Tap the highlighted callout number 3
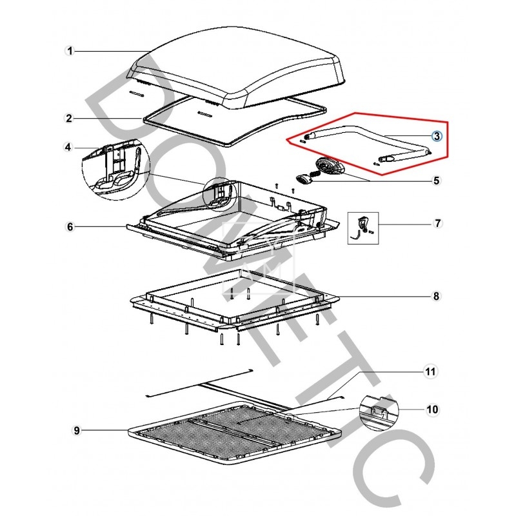(436, 135)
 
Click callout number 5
(436, 181)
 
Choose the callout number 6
(70, 226)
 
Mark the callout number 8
(436, 297)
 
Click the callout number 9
(77, 430)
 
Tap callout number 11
(429, 372)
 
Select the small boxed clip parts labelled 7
(362, 228)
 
